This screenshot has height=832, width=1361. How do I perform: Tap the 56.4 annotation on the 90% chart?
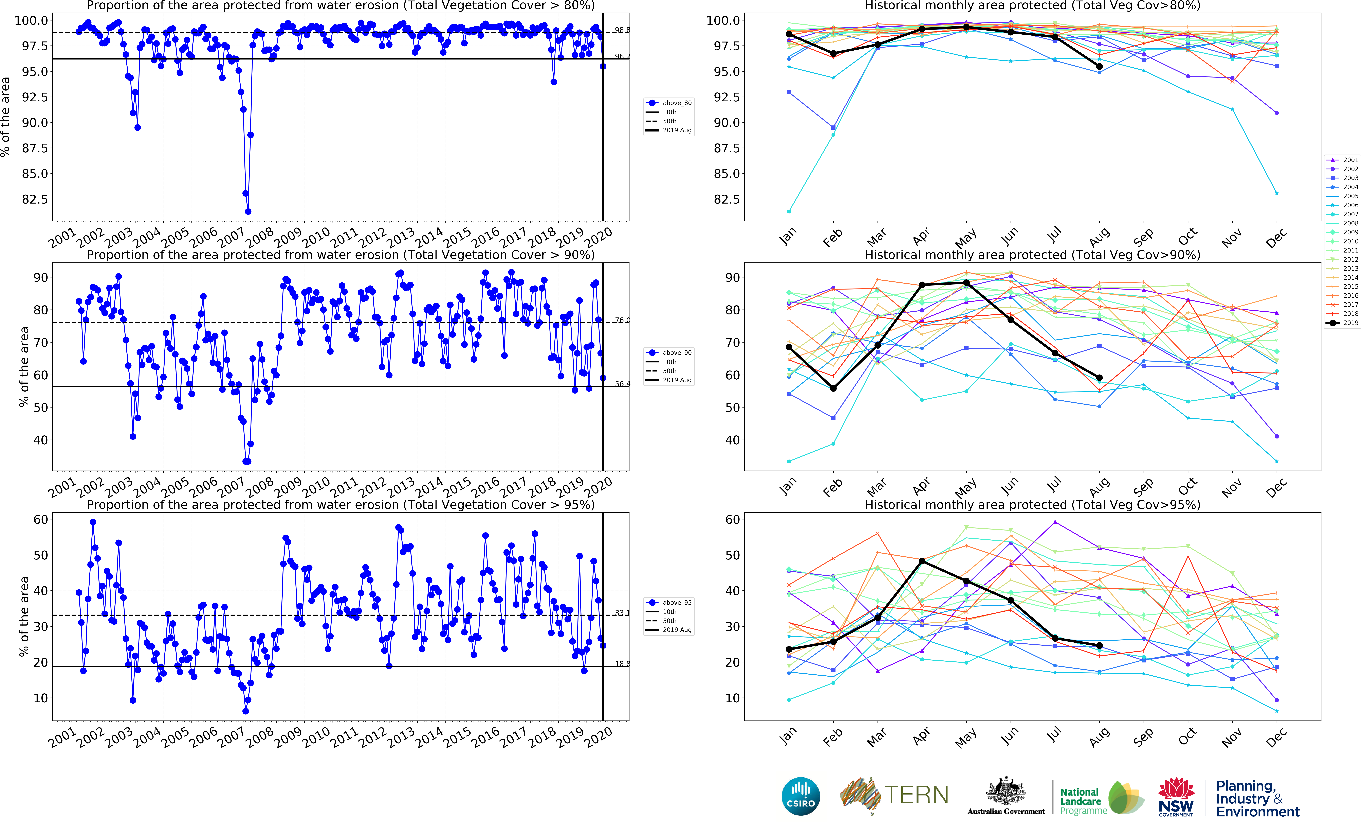coord(622,384)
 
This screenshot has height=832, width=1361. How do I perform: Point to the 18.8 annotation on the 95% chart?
coord(622,663)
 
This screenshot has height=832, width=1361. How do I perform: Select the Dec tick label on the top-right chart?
coord(1276,238)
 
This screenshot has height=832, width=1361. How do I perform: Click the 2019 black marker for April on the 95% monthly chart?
coord(922,561)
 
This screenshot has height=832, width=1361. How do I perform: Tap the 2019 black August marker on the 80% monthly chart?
coord(1099,66)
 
